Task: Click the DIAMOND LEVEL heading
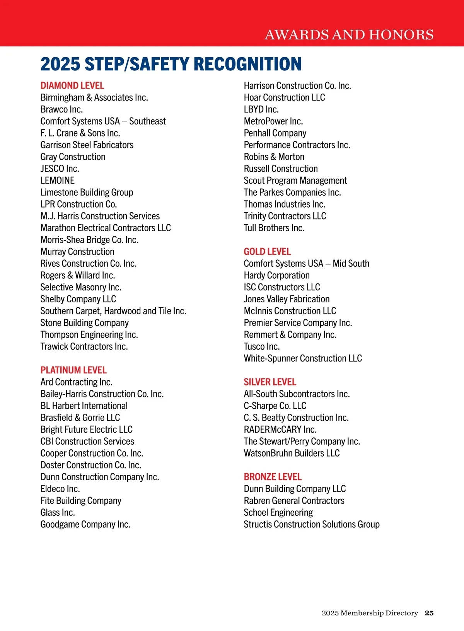point(72,85)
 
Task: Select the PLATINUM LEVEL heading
point(73,370)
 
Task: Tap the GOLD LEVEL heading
point(267,252)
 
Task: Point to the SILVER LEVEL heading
point(270,382)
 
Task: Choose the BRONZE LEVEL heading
point(273,477)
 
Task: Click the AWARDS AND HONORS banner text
point(349,35)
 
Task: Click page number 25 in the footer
point(429,613)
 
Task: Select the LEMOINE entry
point(58,181)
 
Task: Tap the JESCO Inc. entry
point(60,169)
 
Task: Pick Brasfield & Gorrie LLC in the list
point(80,418)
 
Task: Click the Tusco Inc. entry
point(262,346)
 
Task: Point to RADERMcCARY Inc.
point(280,430)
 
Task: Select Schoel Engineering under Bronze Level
point(278,513)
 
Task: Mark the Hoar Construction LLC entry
point(285,97)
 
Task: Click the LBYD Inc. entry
point(261,109)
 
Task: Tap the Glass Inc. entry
point(58,513)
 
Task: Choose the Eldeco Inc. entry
point(60,489)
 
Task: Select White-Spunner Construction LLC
point(303,358)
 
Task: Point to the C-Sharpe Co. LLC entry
point(275,406)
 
